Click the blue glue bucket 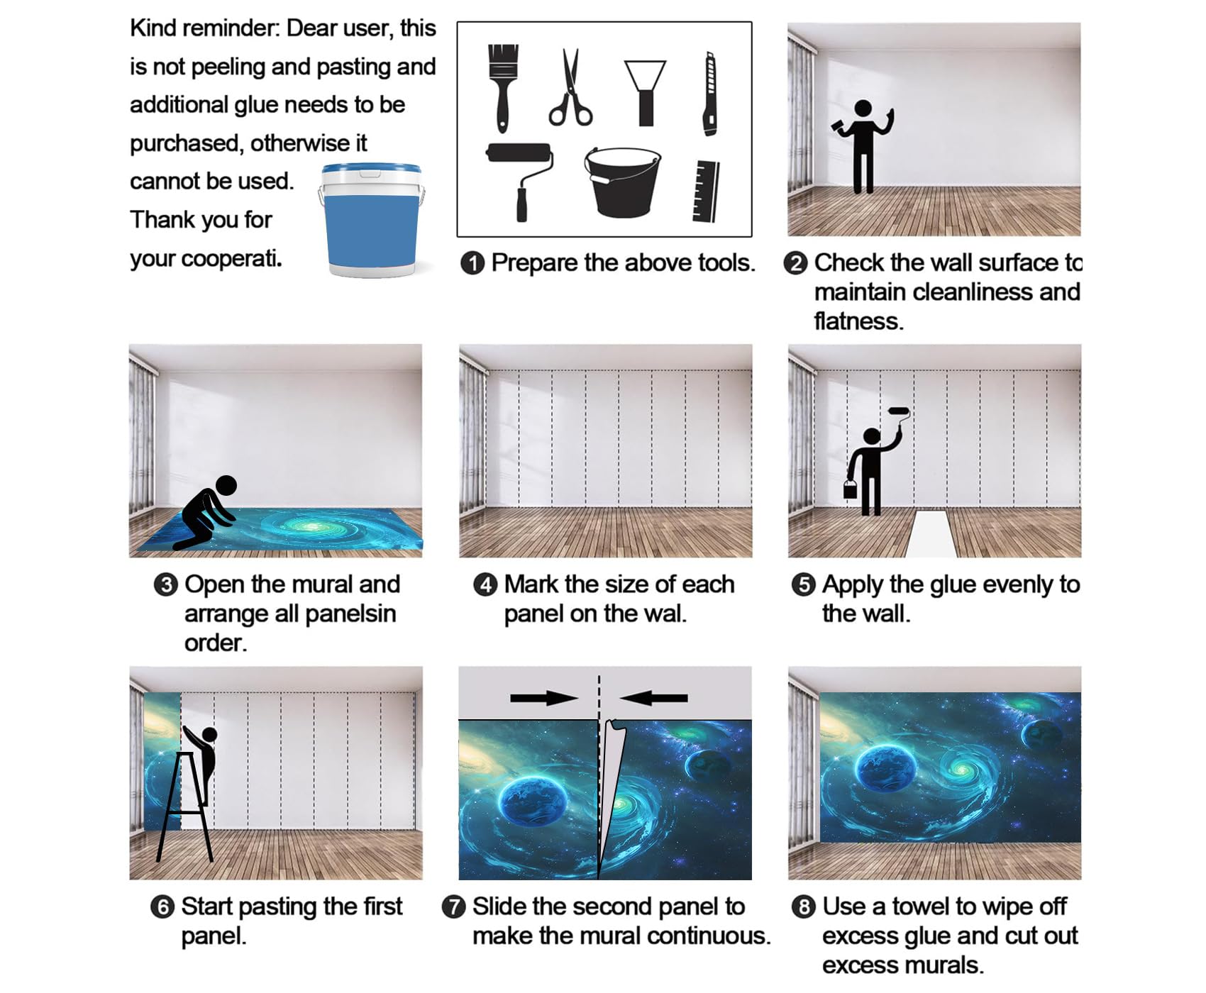click(372, 220)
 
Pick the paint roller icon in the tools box click(520, 182)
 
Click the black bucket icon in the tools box click(622, 182)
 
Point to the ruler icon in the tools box click(706, 191)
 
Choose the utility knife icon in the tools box click(709, 93)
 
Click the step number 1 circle click(472, 263)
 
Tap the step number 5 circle click(803, 585)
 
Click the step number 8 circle click(803, 907)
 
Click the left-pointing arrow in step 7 click(653, 698)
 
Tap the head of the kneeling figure click(226, 486)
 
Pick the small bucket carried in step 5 click(850, 489)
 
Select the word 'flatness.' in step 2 click(858, 321)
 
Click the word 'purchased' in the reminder click(187, 144)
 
